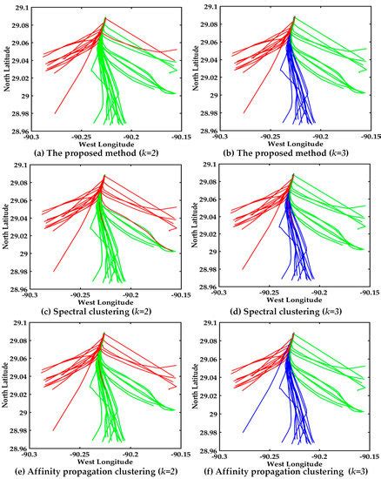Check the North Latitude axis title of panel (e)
6,388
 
